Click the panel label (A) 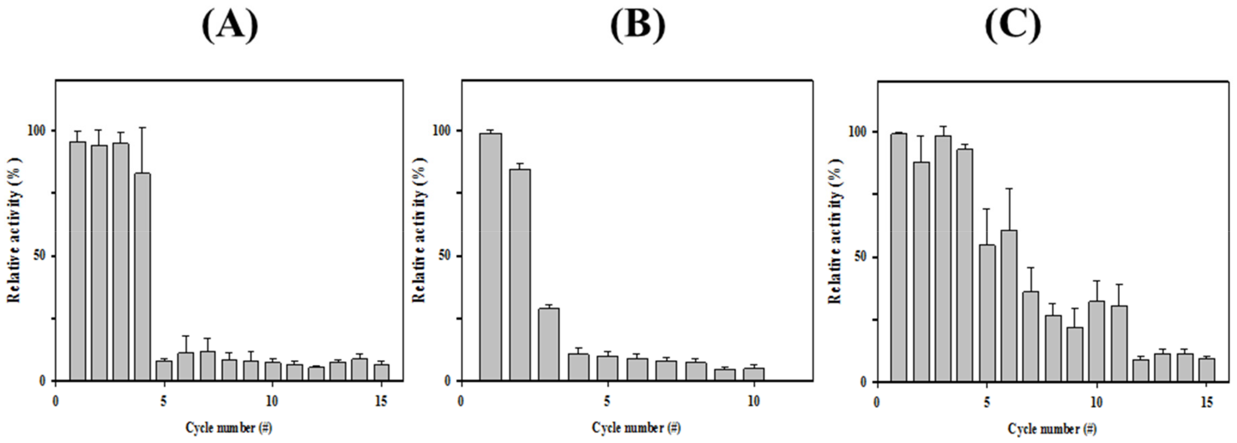click(x=230, y=26)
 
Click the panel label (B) click(x=638, y=26)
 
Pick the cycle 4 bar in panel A click(x=143, y=277)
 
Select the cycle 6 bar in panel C click(x=1009, y=306)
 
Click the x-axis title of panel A click(x=229, y=427)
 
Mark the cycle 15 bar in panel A click(x=381, y=372)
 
